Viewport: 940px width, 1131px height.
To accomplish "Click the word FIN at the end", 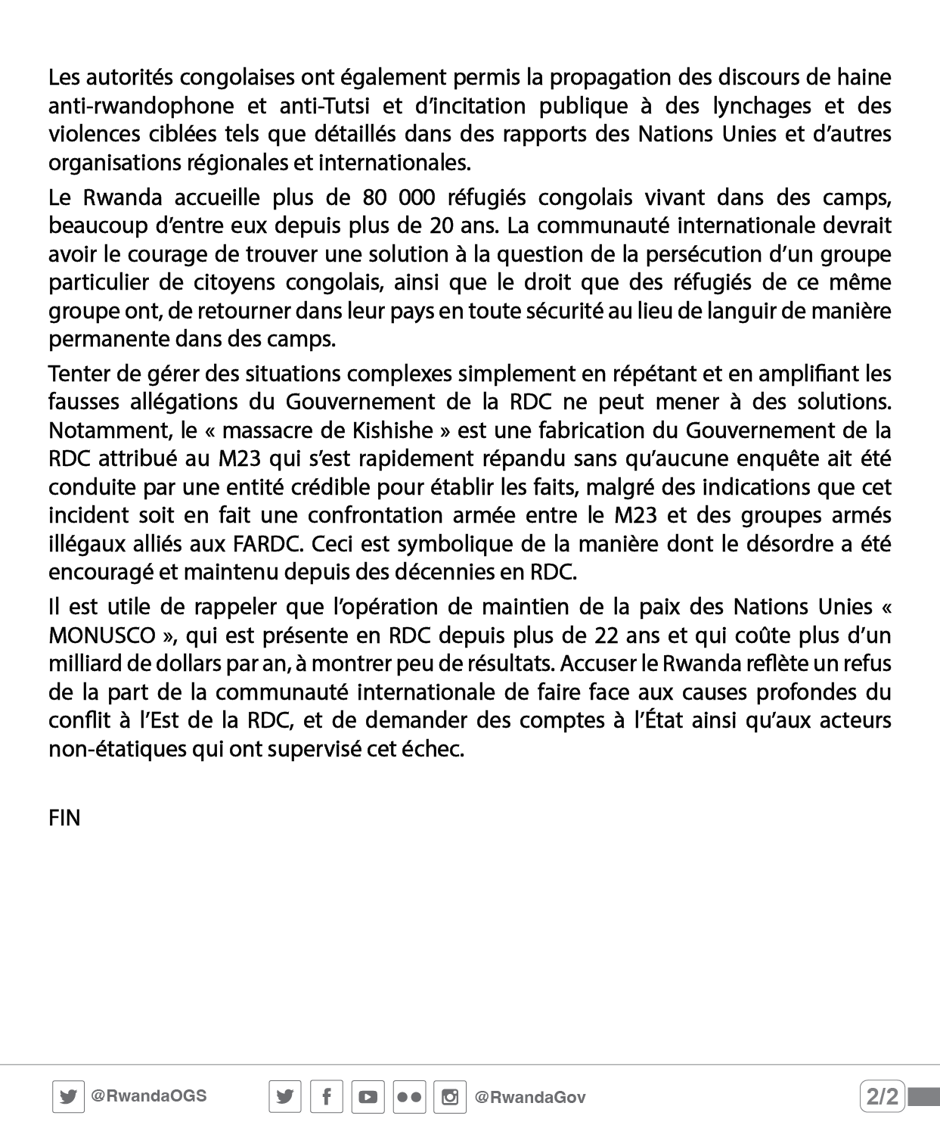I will pyautogui.click(x=64, y=819).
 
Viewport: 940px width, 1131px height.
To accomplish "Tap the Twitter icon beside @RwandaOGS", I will pyautogui.click(x=68, y=1097).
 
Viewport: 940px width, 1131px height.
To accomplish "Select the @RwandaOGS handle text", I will pyautogui.click(x=148, y=1096).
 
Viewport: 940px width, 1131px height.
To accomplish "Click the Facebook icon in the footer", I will pyautogui.click(x=326, y=1097).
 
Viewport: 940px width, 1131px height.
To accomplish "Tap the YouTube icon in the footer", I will pyautogui.click(x=368, y=1097).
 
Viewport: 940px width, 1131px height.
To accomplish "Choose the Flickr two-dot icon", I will pyautogui.click(x=409, y=1097).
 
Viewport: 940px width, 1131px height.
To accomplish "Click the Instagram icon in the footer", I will pyautogui.click(x=450, y=1097).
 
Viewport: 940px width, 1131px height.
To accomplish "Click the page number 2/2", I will pyautogui.click(x=883, y=1096).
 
